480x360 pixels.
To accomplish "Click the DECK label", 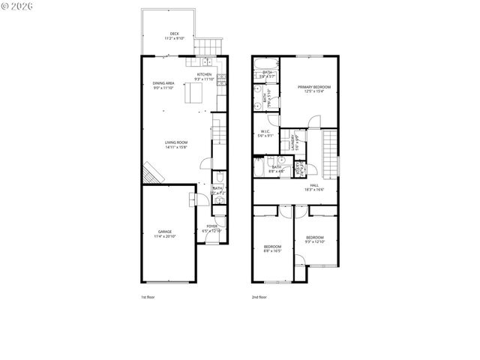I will (174, 34).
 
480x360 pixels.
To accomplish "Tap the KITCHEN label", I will (204, 75).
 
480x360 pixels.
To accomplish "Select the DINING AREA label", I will (163, 83).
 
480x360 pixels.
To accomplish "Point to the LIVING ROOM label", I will (176, 142).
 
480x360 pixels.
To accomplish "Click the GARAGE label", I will (164, 232).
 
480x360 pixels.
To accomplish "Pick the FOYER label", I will (212, 226).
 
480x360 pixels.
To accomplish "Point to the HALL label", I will (313, 185).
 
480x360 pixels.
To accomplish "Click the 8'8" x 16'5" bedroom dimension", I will (272, 251).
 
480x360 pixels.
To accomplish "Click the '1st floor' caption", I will (148, 298).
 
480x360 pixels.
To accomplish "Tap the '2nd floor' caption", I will (259, 298).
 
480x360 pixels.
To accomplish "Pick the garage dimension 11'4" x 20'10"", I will (164, 236).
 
